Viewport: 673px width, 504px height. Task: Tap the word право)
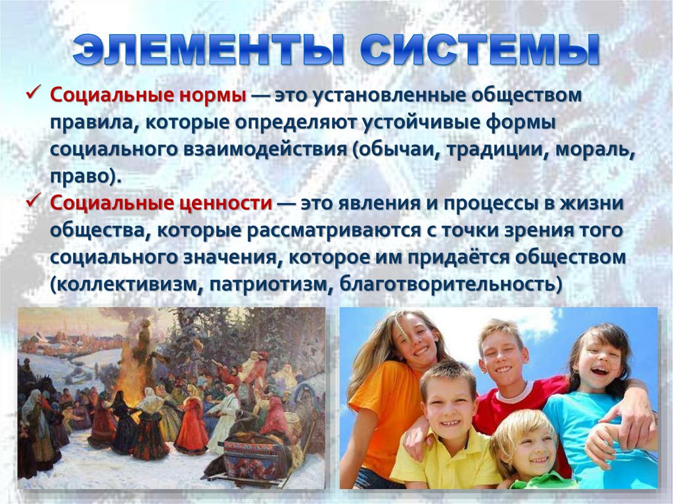86,176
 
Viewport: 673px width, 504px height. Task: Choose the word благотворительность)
439,285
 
